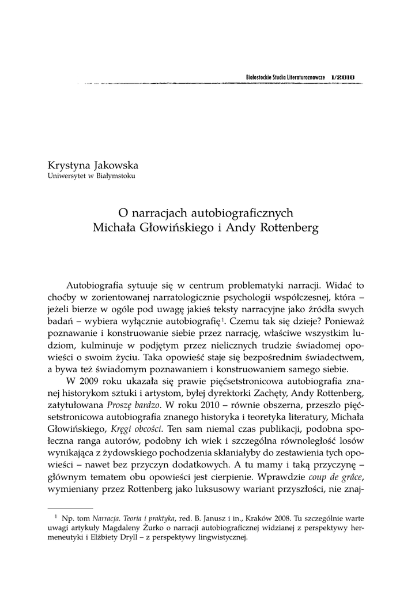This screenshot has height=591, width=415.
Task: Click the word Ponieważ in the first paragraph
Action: click(x=342, y=319)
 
